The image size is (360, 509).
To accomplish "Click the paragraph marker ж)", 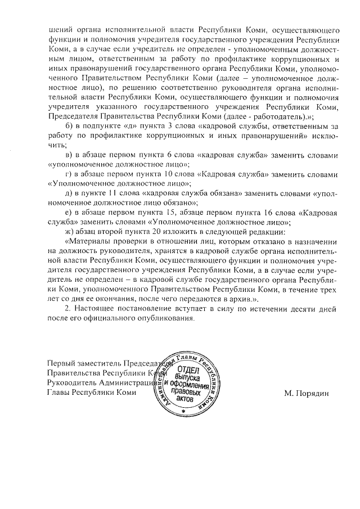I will pyautogui.click(x=70, y=232).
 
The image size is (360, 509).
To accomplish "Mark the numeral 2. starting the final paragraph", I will pyautogui.click(x=69, y=309).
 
